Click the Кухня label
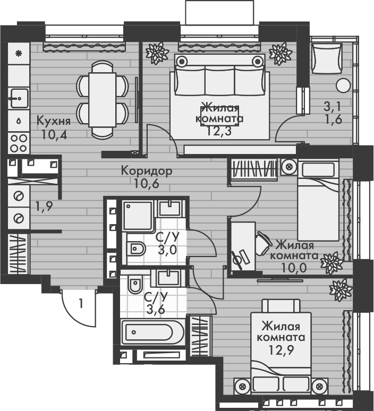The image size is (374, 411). [x=53, y=120]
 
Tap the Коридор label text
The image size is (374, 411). [x=146, y=171]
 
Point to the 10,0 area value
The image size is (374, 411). [x=295, y=267]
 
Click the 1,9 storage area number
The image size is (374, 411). [x=43, y=206]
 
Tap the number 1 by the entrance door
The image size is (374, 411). [x=81, y=304]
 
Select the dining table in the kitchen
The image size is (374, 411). [x=103, y=98]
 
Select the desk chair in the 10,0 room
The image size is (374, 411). [x=264, y=243]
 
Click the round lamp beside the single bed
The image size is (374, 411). [x=290, y=166]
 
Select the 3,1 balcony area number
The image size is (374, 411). [x=333, y=106]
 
